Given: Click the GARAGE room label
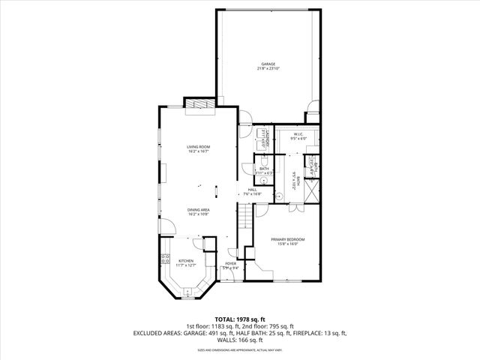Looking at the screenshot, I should coord(268,64).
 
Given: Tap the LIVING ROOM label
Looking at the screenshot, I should coord(199,147).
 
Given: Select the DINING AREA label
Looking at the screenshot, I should coord(199,209).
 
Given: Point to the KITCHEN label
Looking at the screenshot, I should coord(185,261).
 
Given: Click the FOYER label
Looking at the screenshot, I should coord(231,264).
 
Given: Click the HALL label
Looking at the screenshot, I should coord(253,190).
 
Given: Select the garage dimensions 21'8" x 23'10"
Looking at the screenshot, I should coord(268,69).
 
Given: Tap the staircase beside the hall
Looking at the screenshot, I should coord(244,217).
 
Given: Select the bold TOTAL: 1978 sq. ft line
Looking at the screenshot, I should coord(240,319).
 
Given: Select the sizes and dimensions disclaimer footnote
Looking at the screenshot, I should coord(240,349).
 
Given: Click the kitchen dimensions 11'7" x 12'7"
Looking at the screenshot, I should coord(185,265).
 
